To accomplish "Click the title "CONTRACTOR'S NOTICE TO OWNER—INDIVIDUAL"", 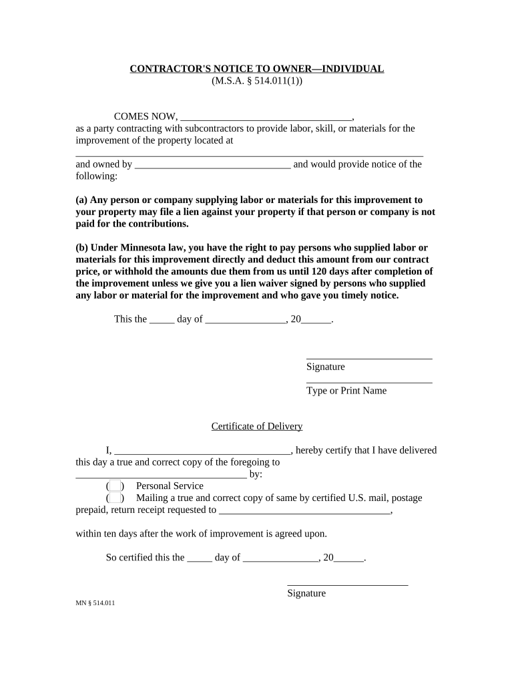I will pyautogui.click(x=256, y=69).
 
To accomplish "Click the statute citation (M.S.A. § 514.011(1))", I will pyautogui.click(x=256, y=81).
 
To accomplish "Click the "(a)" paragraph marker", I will pyautogui.click(x=81, y=200).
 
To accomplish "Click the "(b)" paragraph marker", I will pyautogui.click(x=82, y=247).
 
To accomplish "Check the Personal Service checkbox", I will pyautogui.click(x=115, y=486).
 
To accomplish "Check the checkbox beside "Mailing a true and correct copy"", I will pyautogui.click(x=115, y=498).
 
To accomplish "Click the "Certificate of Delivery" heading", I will pyautogui.click(x=257, y=426).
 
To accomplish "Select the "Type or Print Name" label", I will pyautogui.click(x=346, y=391).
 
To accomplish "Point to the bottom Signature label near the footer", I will pyautogui.click(x=306, y=593).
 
